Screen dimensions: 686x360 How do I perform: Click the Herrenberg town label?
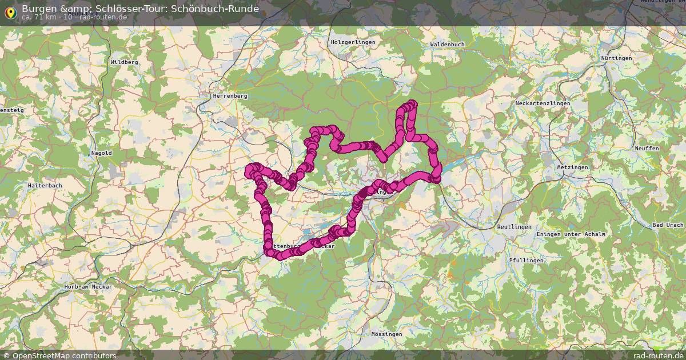[230, 96]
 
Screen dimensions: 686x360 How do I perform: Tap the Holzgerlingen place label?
[353, 43]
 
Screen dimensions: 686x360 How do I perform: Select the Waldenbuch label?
[447, 44]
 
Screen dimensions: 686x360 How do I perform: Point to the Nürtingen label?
[616, 58]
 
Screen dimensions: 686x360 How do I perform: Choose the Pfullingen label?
[526, 260]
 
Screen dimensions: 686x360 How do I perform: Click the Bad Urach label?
[668, 225]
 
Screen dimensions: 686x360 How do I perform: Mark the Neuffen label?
[647, 149]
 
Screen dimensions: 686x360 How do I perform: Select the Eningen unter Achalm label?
[571, 235]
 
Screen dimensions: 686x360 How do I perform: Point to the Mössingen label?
[386, 334]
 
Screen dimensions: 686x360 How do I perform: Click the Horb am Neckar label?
[89, 286]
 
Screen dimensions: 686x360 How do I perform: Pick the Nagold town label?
[101, 153]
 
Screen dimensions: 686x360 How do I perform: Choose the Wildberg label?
[125, 62]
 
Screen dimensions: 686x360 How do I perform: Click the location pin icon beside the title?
[10, 12]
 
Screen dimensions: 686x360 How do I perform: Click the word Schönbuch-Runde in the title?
[214, 9]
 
